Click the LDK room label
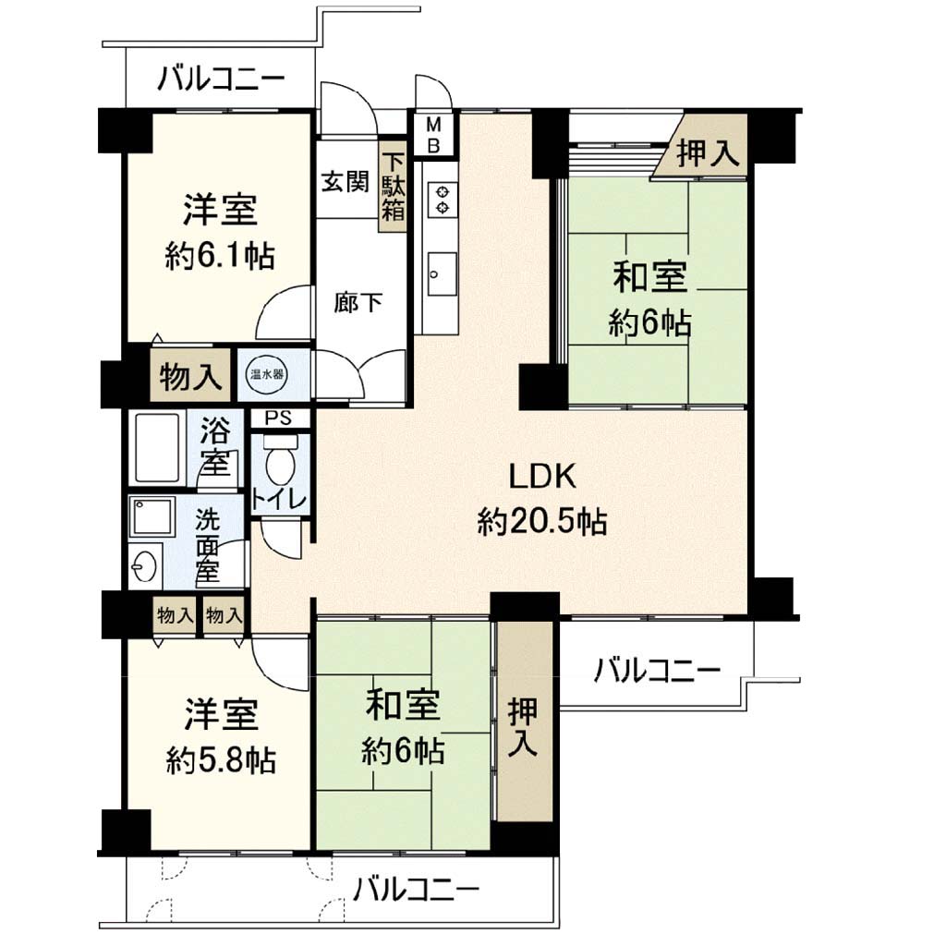pos(542,478)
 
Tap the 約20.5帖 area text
pos(541,522)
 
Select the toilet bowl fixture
pos(281,464)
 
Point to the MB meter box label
pos(433,135)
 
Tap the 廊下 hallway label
pos(358,302)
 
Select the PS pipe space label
pos(279,418)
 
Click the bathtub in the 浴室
pos(157,447)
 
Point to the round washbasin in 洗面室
pos(144,566)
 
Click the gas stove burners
pos(443,200)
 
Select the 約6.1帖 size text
pos(220,257)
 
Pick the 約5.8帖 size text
pos(222,761)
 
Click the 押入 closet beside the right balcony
pos(524,721)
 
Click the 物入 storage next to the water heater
pos(190,375)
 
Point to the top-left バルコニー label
pos(221,79)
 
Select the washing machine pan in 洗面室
pos(152,516)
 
